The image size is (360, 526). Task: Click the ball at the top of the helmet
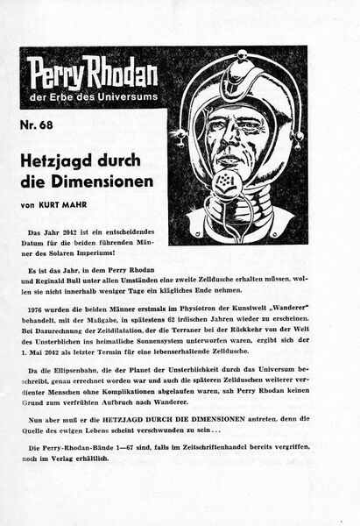[x=237, y=59]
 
